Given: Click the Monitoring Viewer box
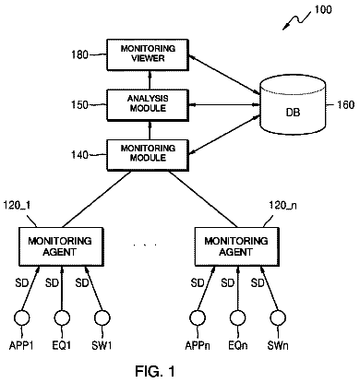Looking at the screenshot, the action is (148, 54).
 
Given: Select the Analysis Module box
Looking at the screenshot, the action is (148, 104).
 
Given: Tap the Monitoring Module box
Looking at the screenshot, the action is (148, 155).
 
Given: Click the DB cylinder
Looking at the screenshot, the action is (293, 105).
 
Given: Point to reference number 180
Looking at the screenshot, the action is (80, 54).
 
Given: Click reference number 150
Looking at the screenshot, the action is (80, 104).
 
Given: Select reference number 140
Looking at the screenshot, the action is (80, 154).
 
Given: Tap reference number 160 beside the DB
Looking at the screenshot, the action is (346, 105).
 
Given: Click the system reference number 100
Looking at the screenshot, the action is (323, 9).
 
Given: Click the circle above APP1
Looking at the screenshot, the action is (22, 317).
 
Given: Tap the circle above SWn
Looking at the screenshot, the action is (278, 317).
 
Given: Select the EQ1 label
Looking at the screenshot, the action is (62, 345).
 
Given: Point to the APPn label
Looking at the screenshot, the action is (198, 345).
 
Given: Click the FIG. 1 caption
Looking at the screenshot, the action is (155, 371).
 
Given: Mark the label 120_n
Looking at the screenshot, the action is (283, 205).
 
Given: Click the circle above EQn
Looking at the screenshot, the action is (237, 317).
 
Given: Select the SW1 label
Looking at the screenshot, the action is (102, 345).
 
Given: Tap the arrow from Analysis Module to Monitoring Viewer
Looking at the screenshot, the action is (150, 80).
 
